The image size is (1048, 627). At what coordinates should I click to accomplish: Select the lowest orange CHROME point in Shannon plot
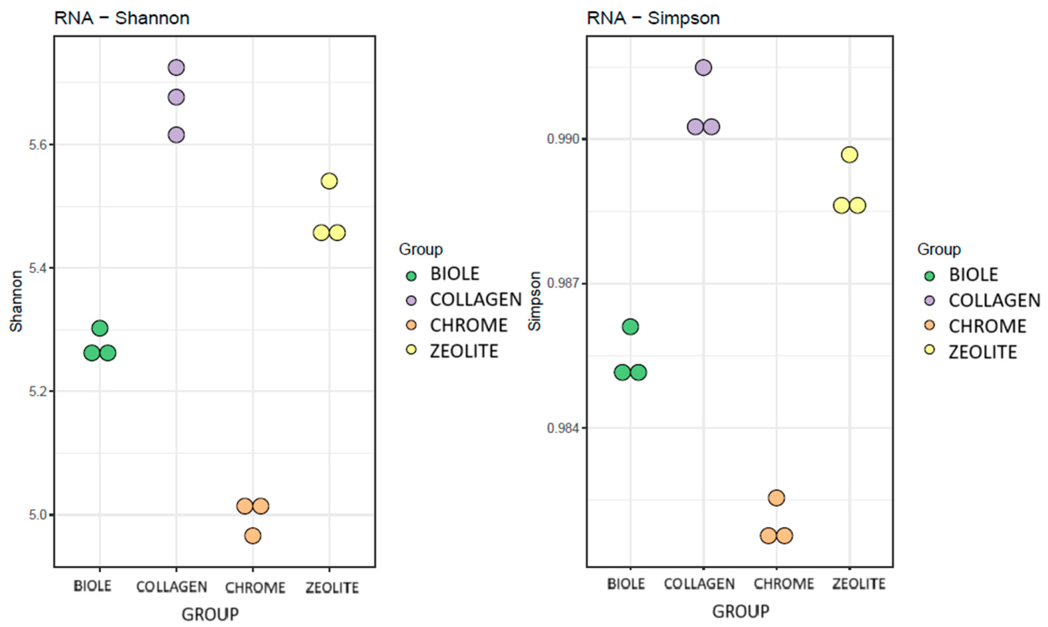coord(253,536)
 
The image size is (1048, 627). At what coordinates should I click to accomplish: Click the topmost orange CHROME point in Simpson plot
coord(776,498)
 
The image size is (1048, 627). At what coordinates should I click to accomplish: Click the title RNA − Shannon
coord(122,18)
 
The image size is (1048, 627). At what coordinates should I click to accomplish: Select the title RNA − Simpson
coord(653,18)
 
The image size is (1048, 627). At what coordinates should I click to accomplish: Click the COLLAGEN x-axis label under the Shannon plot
coord(172,587)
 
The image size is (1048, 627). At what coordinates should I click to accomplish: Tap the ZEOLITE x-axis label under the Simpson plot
coord(859,584)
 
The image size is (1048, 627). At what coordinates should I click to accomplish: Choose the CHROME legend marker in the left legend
coord(411,325)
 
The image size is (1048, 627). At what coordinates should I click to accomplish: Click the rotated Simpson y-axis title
coord(535,301)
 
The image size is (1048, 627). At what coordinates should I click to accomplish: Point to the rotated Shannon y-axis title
coord(16,301)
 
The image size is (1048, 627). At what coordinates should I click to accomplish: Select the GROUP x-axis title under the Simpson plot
coord(741,611)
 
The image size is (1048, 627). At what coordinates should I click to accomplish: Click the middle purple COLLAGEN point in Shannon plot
coord(176,98)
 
